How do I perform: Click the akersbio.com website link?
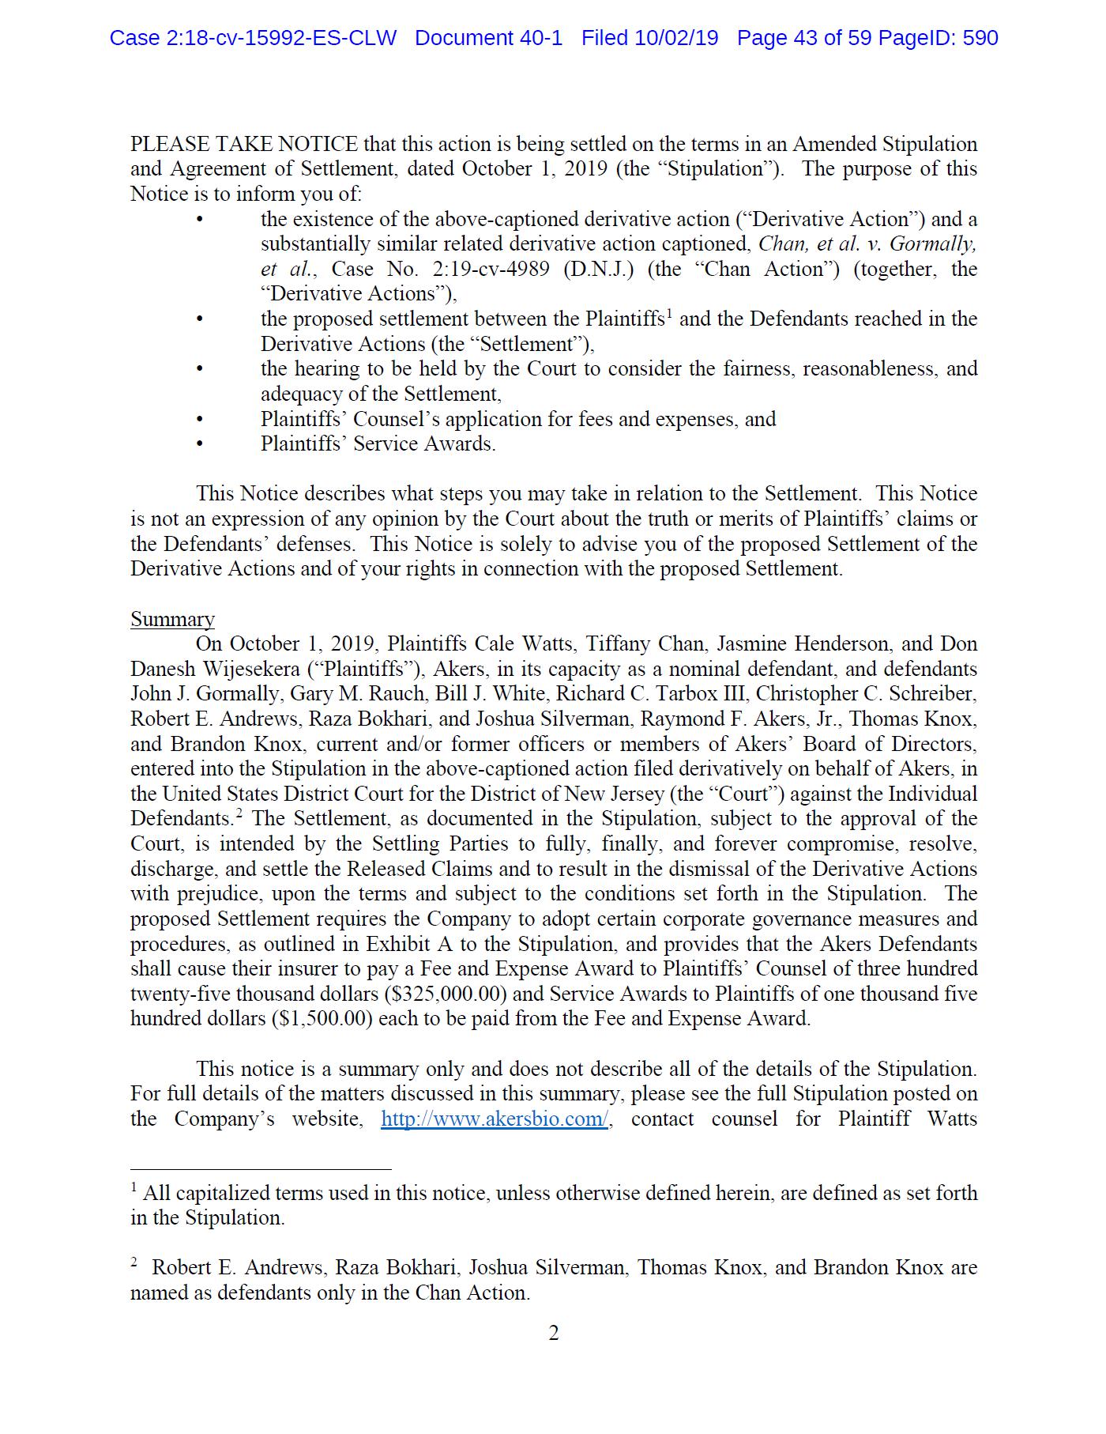tap(494, 1119)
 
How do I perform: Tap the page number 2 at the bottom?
tap(554, 1334)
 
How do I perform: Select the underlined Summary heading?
tap(172, 619)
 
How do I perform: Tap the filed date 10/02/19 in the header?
tap(676, 38)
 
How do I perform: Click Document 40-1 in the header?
tap(488, 38)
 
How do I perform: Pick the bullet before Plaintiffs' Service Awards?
tap(200, 444)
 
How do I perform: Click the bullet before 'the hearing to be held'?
tap(200, 369)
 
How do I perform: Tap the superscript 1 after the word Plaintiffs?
tap(668, 315)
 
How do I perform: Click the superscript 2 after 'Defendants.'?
tap(238, 814)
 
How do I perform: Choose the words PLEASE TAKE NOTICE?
tap(244, 145)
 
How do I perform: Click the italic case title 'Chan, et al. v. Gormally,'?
tap(867, 243)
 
